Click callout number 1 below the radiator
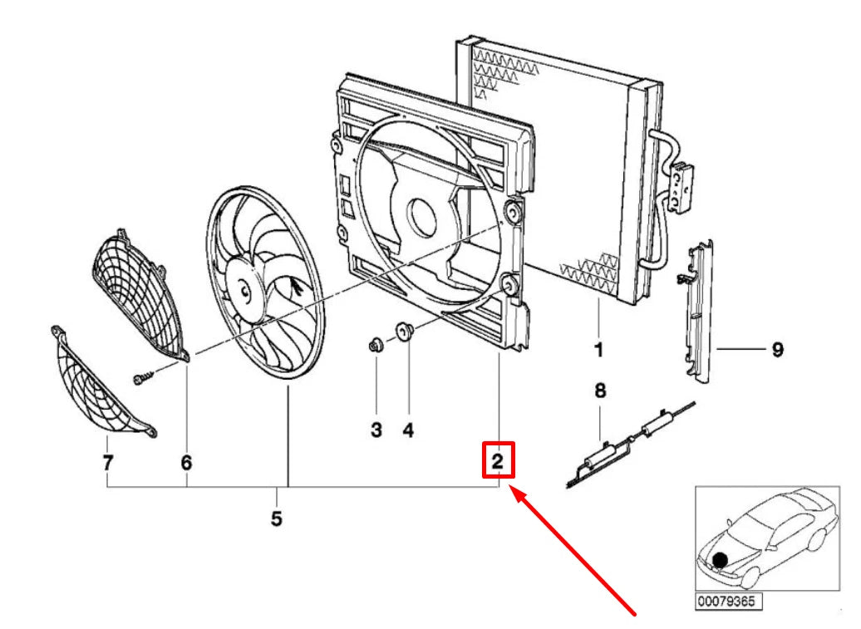pyautogui.click(x=598, y=350)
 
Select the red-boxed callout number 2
pyautogui.click(x=498, y=460)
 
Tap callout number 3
pyautogui.click(x=376, y=430)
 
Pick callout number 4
pyautogui.click(x=408, y=430)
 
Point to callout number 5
pyautogui.click(x=276, y=518)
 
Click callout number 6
pyautogui.click(x=187, y=463)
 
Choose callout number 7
pyautogui.click(x=108, y=463)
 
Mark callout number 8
pyautogui.click(x=600, y=391)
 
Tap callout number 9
pyautogui.click(x=778, y=349)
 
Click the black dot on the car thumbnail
pyautogui.click(x=720, y=560)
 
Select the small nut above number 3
pyautogui.click(x=375, y=345)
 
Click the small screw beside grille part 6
pyautogui.click(x=142, y=377)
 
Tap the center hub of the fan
pyautogui.click(x=242, y=289)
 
